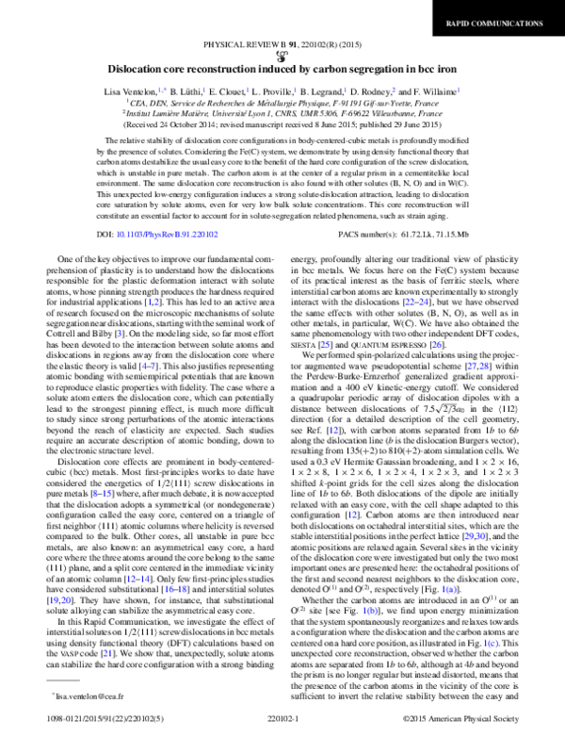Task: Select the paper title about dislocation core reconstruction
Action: [282, 69]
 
